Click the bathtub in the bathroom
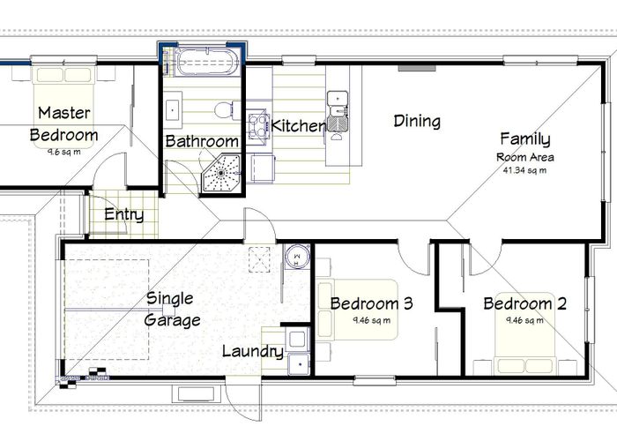pos(207,62)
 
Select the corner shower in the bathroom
pos(221,173)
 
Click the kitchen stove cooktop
pos(257,123)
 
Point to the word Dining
pos(417,122)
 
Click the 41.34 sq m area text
pos(524,170)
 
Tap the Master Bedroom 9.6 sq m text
pos(64,152)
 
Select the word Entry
pos(124,215)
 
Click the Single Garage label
pos(172,310)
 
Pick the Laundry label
pos(253,352)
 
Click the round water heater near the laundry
pos(298,257)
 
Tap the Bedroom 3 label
pos(371,303)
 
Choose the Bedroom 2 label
pos(525,303)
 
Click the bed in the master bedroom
pos(64,107)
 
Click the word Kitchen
pos(298,126)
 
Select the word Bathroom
pos(202,141)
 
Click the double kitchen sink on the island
pos(338,110)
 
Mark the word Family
pos(525,139)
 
